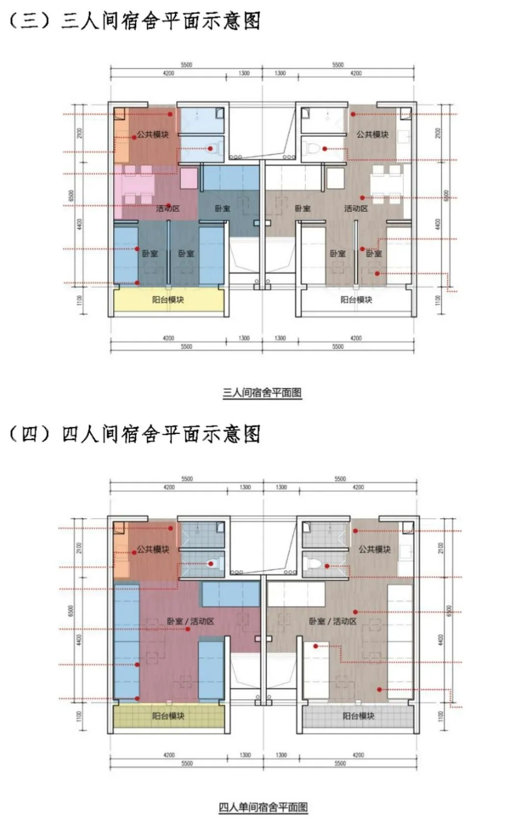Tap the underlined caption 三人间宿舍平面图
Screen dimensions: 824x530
pyautogui.click(x=262, y=393)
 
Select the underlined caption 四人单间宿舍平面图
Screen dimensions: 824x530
pyautogui.click(x=263, y=807)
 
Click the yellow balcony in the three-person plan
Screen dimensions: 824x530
pyautogui.click(x=168, y=300)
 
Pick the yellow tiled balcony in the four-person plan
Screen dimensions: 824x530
pyautogui.click(x=168, y=716)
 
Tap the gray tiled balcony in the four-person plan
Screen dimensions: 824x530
pyautogui.click(x=358, y=716)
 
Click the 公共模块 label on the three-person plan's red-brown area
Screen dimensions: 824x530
pyautogui.click(x=153, y=134)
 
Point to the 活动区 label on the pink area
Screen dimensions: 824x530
pyautogui.click(x=168, y=208)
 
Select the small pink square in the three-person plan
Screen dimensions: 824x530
pyautogui.click(x=189, y=178)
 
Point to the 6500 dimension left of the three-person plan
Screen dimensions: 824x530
pyautogui.click(x=72, y=196)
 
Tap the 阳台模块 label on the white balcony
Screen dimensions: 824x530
pyautogui.click(x=356, y=300)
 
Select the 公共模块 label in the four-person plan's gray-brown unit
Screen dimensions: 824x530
pyautogui.click(x=374, y=549)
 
